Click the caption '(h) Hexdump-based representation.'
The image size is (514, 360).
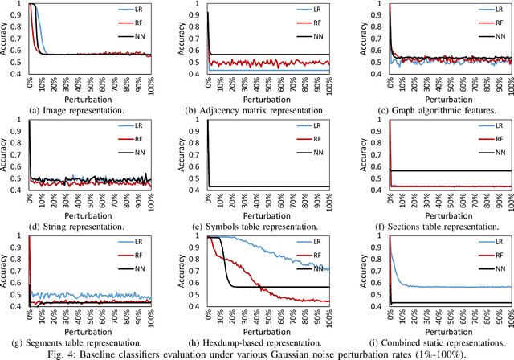[256, 342]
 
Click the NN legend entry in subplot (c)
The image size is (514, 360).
[488, 37]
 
